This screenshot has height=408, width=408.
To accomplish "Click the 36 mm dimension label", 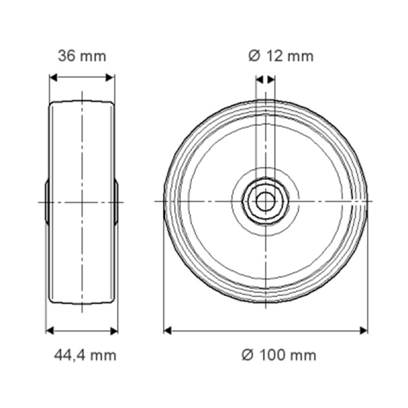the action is click(82, 56).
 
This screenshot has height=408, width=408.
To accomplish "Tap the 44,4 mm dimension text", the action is click(85, 355).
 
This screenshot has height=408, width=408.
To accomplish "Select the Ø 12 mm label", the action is click(281, 56).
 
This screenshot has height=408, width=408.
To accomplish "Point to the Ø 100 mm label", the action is click(279, 355).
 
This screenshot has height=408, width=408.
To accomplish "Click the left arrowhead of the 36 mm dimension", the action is click(53, 78).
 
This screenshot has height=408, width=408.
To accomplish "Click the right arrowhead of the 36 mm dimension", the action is click(110, 78).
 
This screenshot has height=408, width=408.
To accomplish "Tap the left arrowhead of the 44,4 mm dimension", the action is click(50, 331).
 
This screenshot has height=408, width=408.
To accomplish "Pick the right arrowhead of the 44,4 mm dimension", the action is click(114, 331).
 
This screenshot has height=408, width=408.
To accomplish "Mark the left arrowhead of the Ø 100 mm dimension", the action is click(168, 331).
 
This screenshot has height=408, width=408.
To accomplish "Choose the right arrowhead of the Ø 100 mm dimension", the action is click(364, 331).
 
